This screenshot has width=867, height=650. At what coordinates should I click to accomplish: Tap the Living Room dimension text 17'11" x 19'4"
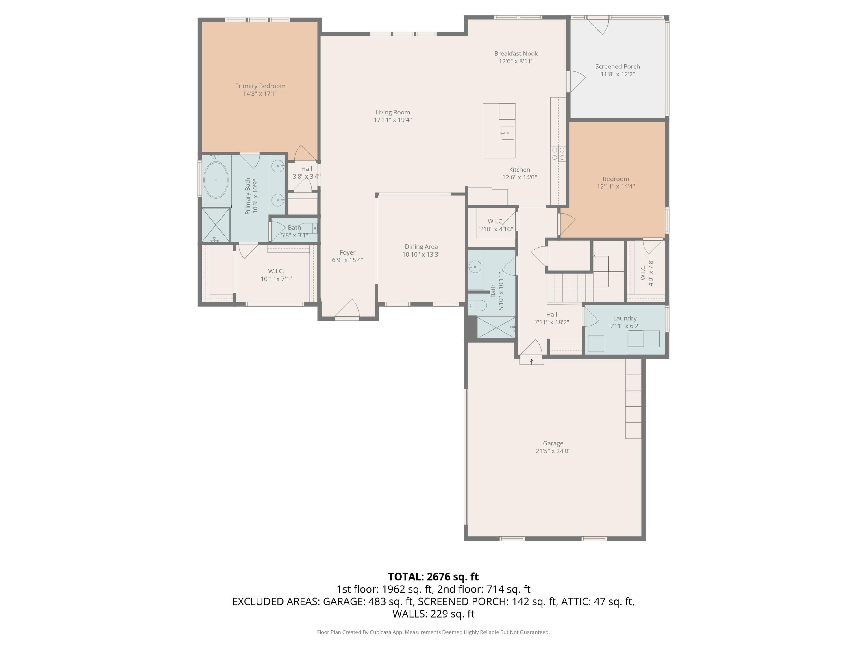point(392,120)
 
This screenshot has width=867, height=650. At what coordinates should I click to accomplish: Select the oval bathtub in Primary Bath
point(216,180)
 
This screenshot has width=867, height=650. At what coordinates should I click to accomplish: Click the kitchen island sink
point(507,133)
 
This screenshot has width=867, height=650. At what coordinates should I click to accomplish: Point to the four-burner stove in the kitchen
point(558,153)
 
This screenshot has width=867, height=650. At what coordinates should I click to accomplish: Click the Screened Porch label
point(617,67)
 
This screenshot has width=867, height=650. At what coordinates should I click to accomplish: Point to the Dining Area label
point(421,246)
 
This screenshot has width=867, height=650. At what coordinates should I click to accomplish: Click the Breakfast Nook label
point(516,53)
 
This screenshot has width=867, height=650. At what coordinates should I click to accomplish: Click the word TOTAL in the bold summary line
point(405,577)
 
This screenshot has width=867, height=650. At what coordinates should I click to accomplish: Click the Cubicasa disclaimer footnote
point(433,632)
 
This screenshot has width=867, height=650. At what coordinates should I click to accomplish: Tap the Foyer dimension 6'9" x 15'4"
point(347,260)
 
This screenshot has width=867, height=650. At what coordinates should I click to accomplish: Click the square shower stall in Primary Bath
point(216,225)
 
